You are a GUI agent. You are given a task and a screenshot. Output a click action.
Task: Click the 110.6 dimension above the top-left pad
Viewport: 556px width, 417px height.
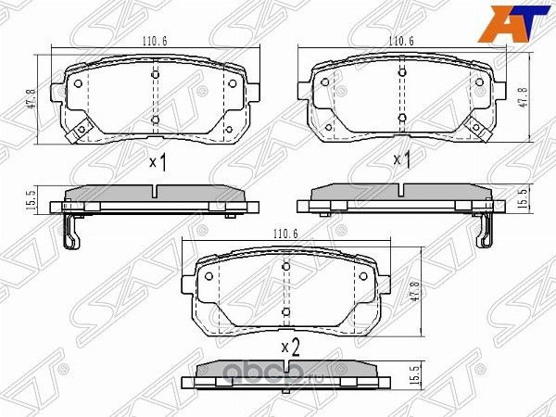(x=154, y=42)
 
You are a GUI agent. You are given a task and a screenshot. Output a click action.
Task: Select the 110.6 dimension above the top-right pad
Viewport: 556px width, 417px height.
(x=400, y=42)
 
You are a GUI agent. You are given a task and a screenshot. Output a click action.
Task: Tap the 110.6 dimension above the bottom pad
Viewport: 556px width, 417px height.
(x=284, y=235)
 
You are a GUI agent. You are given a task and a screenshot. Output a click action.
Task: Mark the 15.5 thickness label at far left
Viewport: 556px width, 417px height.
(x=31, y=197)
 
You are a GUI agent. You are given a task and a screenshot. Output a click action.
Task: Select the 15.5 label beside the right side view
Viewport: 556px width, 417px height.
(x=523, y=197)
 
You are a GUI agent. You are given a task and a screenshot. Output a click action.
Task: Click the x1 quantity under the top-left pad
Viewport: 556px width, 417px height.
(x=157, y=163)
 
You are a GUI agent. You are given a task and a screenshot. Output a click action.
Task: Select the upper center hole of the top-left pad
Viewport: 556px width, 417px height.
(x=155, y=71)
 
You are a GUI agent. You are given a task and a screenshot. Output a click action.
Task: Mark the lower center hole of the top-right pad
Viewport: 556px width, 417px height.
(x=401, y=117)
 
